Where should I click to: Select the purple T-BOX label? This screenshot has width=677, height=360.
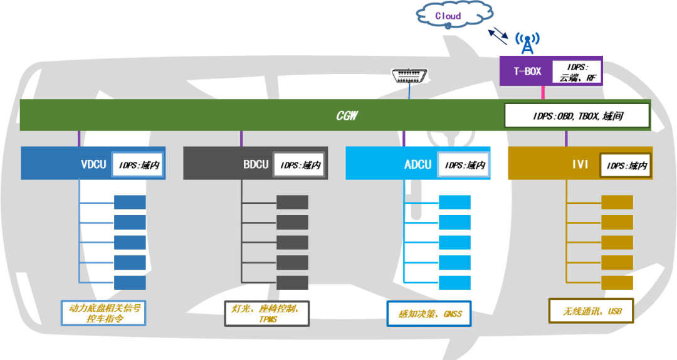(x=527, y=71)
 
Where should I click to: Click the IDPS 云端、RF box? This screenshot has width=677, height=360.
(x=576, y=71)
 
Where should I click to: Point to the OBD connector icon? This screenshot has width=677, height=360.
(x=411, y=77)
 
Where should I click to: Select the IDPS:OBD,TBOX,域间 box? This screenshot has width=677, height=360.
(x=577, y=116)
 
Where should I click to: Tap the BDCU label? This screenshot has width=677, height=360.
(x=255, y=164)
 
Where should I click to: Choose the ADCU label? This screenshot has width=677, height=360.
(x=417, y=164)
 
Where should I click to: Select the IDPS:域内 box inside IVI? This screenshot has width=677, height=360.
(x=624, y=165)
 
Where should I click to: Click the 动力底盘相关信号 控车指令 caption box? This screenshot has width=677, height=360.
(x=103, y=313)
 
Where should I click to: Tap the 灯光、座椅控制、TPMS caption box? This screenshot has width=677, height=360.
(x=266, y=313)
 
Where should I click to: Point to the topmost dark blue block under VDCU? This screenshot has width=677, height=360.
(x=130, y=202)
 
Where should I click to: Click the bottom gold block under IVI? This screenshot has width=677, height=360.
(x=617, y=282)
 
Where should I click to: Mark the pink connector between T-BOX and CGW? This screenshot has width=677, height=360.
(x=542, y=93)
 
